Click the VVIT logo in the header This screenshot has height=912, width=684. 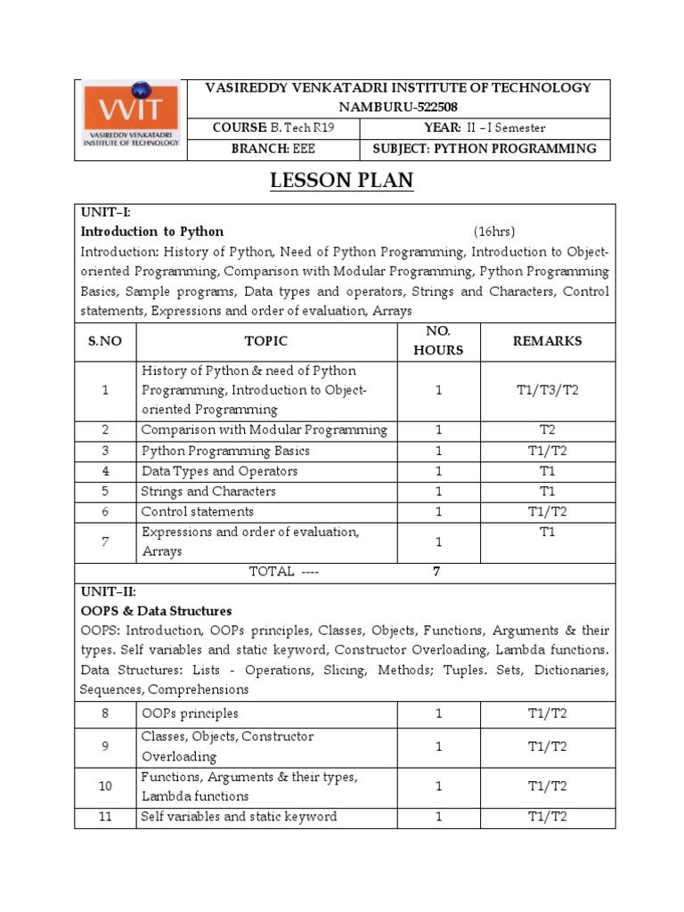(x=132, y=116)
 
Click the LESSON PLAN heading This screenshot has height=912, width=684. (x=342, y=181)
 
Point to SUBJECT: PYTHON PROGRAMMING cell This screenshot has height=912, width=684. (x=485, y=149)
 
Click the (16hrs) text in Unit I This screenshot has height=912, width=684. (x=494, y=232)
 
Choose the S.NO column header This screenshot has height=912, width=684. (x=105, y=341)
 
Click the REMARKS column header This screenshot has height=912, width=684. (x=547, y=341)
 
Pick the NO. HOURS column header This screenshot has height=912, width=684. (x=438, y=341)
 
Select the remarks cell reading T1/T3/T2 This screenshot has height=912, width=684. (x=547, y=390)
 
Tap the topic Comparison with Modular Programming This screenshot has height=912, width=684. (x=264, y=430)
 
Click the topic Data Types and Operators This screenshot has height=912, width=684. (x=219, y=471)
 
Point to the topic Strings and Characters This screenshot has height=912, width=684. (x=208, y=492)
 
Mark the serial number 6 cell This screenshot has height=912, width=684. (x=105, y=512)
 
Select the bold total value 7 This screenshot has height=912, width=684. (x=436, y=573)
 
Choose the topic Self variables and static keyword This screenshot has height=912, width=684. (x=239, y=817)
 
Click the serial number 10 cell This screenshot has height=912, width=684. (x=105, y=786)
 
